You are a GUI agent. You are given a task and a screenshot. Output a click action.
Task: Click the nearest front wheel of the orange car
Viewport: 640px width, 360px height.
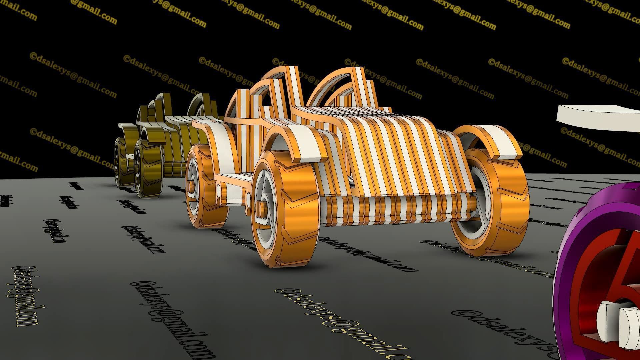pos(283,210)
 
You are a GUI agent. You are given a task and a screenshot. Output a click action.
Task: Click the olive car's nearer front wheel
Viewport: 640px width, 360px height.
pos(147,170)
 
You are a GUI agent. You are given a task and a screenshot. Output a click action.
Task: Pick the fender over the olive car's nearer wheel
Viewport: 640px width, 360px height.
pos(152,133)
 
